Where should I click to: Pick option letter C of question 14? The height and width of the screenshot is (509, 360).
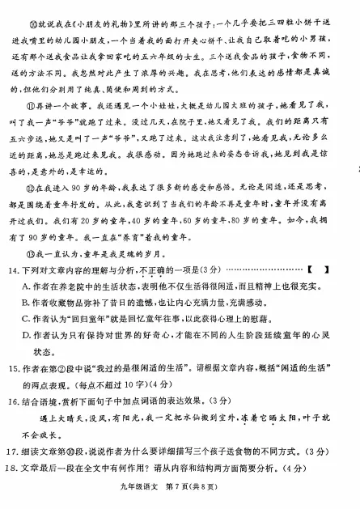pos(26,335)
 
